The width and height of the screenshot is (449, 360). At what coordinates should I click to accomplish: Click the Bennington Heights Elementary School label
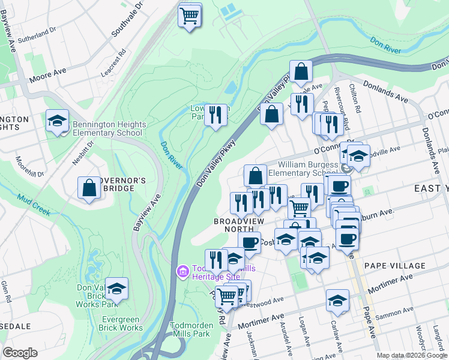(109, 128)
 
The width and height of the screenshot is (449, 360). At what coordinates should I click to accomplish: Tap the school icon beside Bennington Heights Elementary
(57, 122)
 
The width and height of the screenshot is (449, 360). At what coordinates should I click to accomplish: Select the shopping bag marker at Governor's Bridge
(89, 188)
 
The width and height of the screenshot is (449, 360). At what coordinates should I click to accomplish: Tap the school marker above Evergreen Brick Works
(117, 289)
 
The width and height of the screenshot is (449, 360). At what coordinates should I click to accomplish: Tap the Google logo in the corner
(20, 353)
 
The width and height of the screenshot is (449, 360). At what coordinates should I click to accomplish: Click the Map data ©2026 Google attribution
(412, 356)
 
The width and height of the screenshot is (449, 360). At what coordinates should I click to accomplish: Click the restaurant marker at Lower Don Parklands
(215, 114)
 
